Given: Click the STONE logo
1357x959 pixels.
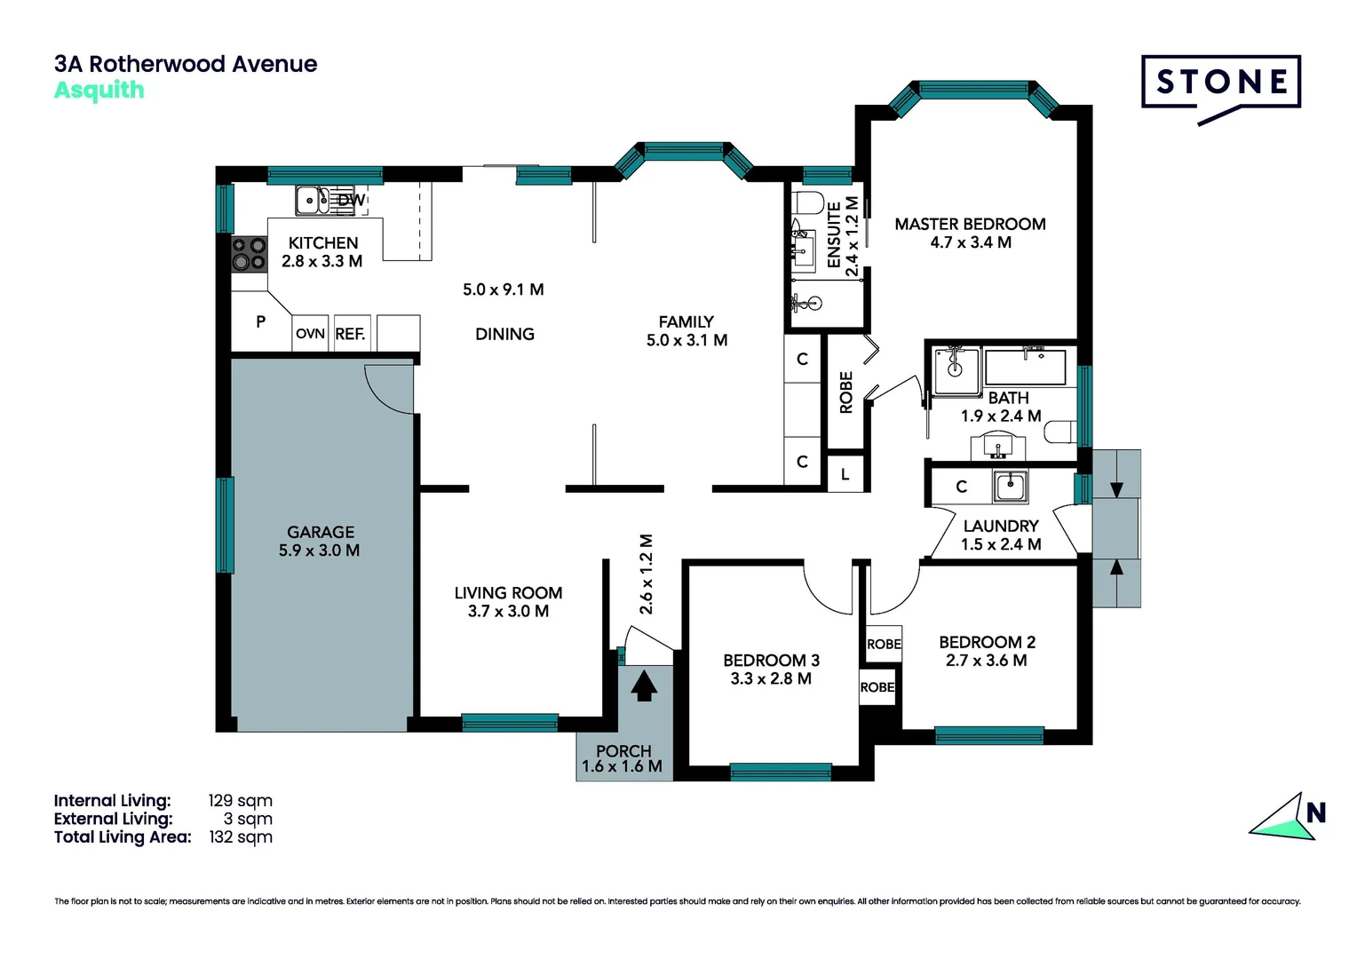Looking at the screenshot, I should point(1221,83).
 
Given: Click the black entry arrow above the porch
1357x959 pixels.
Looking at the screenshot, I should point(643,686).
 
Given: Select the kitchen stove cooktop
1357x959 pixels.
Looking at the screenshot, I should point(250,254).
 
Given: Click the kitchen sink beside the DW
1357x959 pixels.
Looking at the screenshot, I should point(312,201).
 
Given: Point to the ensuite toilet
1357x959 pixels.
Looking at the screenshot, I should point(807,203).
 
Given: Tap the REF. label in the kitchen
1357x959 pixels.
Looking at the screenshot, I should point(350,334).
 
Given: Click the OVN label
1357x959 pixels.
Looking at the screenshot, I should point(310,334).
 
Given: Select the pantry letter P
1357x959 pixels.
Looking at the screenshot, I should point(260,322).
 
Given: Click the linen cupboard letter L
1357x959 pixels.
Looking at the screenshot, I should point(845,475).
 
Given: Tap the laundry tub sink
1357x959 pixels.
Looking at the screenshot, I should point(1010,487).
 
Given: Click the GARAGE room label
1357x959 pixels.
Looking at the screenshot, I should point(321,532).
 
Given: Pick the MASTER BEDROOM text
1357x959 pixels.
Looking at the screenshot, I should point(970,225).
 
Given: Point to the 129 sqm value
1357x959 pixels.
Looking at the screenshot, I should point(240,801).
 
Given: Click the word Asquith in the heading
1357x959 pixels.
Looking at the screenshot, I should point(99,91).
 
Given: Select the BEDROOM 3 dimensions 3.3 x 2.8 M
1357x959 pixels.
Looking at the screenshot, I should point(771,679).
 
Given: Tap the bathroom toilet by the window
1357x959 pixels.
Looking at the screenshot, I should point(1060,433).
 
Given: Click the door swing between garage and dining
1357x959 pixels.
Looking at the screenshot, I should point(387,389).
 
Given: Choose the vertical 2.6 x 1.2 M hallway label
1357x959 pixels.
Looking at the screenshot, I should point(647,575).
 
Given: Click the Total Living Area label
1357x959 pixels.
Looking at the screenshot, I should point(123,837).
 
